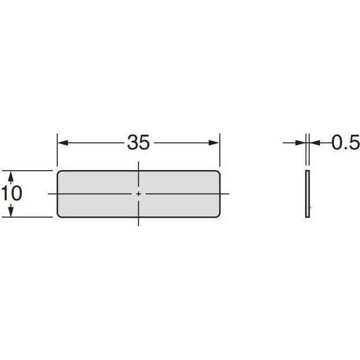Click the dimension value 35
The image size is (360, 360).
pyautogui.click(x=138, y=142)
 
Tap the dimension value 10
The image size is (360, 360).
pyautogui.click(x=12, y=193)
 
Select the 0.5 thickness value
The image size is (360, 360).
pyautogui.click(x=346, y=142)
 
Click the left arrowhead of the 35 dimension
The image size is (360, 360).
pyautogui.click(x=63, y=143)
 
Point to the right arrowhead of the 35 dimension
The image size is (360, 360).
pyautogui.click(x=214, y=143)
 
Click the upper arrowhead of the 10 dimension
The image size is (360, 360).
pyautogui.click(x=11, y=177)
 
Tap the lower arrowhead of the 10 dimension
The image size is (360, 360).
pyautogui.click(x=11, y=211)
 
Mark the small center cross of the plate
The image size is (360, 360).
pyautogui.click(x=138, y=194)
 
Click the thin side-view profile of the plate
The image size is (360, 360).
pyautogui.click(x=307, y=194)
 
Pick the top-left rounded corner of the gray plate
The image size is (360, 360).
pyautogui.click(x=59, y=172)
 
